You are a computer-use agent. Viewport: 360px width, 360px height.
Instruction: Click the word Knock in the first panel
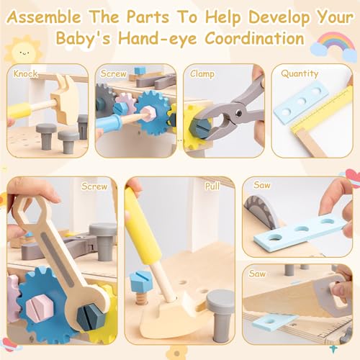tap(25, 73)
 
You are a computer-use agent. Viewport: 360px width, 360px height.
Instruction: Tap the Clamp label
tap(202, 74)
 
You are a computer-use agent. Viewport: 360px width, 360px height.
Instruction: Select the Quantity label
tap(300, 73)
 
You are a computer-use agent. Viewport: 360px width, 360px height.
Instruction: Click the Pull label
tap(212, 186)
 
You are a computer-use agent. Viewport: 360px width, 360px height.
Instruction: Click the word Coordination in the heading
tap(255, 38)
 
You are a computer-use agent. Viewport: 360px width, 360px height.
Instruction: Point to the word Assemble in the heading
tap(44, 17)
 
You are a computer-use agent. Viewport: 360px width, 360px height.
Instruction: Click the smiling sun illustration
tap(24, 51)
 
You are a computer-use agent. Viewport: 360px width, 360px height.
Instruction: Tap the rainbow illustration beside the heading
tap(334, 46)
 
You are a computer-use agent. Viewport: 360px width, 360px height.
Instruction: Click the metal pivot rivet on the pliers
tap(238, 113)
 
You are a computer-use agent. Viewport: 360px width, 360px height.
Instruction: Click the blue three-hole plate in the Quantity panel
tap(300, 102)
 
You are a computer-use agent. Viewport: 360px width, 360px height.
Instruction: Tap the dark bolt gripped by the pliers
tap(199, 127)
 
